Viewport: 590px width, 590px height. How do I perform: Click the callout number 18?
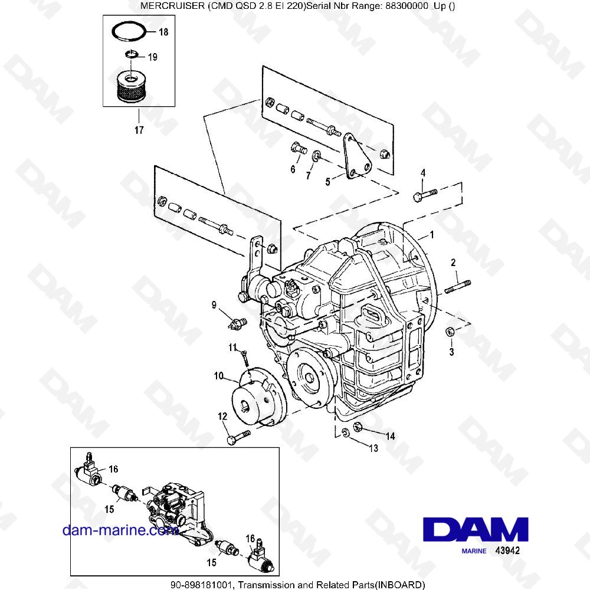[163, 32]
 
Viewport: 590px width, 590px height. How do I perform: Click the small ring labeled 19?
[132, 55]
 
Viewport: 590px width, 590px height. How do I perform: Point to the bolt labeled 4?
[424, 194]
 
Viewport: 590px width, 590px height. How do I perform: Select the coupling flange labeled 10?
[259, 396]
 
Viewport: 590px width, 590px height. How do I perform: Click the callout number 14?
[390, 436]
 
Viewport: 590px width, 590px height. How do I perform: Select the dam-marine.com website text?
[120, 530]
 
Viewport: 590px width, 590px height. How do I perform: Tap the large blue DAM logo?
[474, 529]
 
